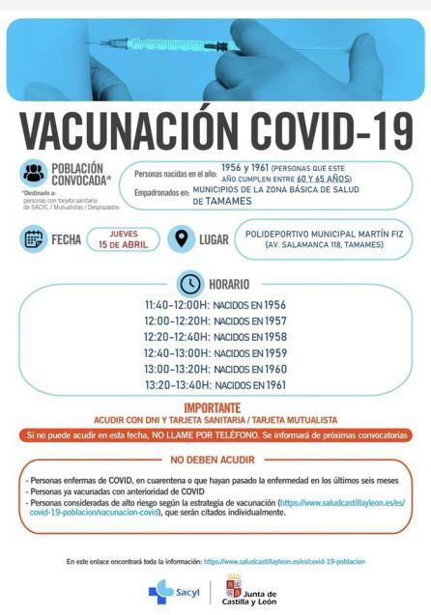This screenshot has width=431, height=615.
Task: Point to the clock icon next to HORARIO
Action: pyautogui.click(x=190, y=284)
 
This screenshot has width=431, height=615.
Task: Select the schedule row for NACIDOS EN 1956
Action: pyautogui.click(x=215, y=305)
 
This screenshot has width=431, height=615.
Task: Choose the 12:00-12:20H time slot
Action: pyautogui.click(x=215, y=321)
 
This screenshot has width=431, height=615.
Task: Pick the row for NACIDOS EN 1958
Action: pyautogui.click(x=215, y=337)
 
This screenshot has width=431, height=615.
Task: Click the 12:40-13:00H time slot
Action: pyautogui.click(x=215, y=353)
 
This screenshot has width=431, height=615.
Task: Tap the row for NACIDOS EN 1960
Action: pyautogui.click(x=215, y=369)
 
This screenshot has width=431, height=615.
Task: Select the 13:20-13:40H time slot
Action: pyautogui.click(x=215, y=385)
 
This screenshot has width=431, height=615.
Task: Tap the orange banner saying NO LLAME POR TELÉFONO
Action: pyautogui.click(x=215, y=436)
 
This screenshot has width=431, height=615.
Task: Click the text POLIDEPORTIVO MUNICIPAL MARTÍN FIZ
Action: pyautogui.click(x=326, y=233)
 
